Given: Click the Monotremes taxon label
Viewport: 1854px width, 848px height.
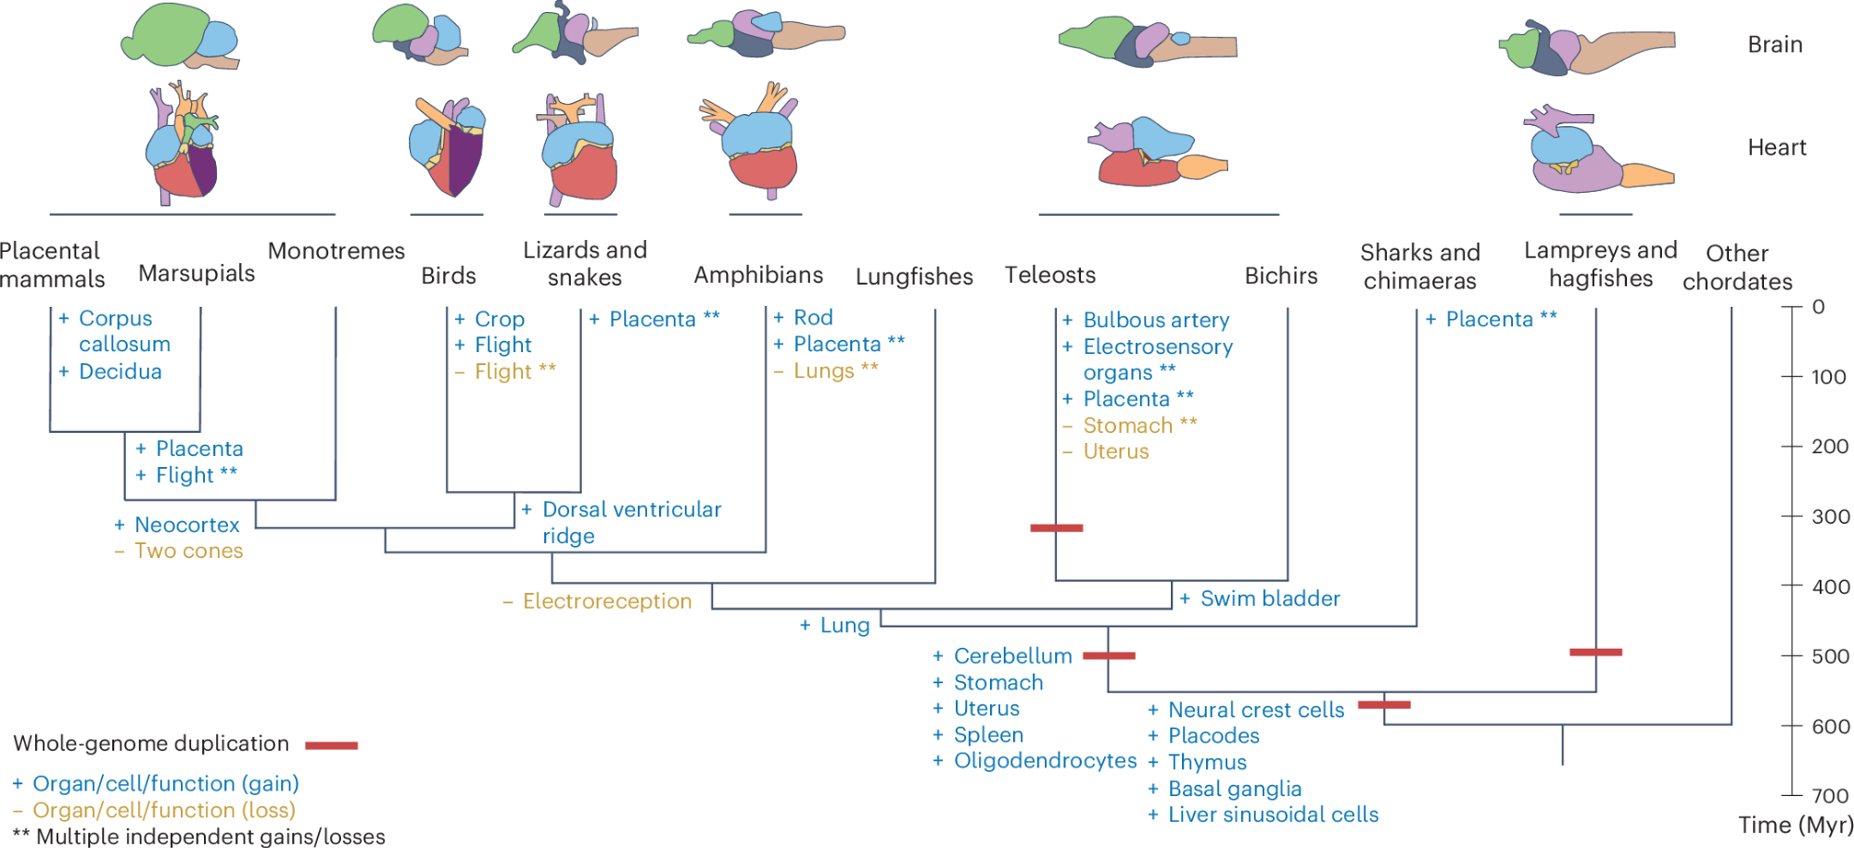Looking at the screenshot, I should click(336, 251).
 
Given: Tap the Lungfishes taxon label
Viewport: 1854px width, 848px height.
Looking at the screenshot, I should click(914, 276).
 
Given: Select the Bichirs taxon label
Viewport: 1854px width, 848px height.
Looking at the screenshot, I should click(1280, 275).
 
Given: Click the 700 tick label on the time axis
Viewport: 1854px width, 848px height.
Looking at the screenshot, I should click(1831, 795).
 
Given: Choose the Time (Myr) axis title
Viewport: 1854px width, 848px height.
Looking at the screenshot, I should click(1795, 825).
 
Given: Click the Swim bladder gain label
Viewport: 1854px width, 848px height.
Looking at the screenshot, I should click(1269, 599).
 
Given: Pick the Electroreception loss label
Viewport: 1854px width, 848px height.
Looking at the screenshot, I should click(606, 601).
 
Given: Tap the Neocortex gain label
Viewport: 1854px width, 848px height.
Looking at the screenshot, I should click(186, 525).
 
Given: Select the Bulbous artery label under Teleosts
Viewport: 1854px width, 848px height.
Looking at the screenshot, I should click(1156, 320).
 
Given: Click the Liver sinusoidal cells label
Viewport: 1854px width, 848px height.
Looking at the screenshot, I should click(1273, 815).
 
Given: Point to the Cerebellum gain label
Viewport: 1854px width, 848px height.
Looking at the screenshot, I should click(1012, 656).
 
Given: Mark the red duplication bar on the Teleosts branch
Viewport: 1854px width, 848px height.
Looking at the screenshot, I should click(1057, 528).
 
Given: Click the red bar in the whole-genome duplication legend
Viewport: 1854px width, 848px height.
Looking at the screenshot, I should click(331, 745).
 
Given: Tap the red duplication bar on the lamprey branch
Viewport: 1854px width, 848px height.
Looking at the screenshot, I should click(1595, 652).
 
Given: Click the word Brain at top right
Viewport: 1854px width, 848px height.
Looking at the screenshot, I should click(1774, 44).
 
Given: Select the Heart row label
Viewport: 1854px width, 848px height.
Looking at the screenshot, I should click(1776, 147).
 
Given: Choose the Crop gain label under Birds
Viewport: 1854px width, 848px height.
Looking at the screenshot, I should click(499, 319).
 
